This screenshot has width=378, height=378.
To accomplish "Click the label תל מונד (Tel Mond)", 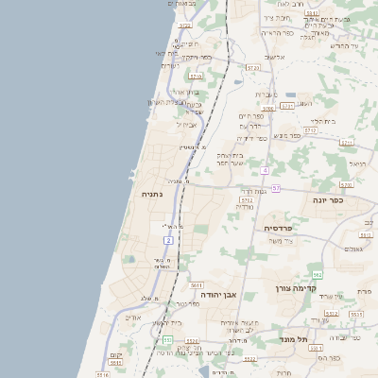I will [x=295, y=339].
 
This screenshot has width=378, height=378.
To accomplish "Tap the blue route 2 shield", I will [x=168, y=241].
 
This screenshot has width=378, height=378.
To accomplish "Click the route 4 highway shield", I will [x=266, y=170].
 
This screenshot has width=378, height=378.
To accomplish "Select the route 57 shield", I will [x=276, y=188].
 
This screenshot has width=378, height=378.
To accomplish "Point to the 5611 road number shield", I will [x=197, y=284].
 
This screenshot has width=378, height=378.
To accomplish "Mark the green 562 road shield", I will [x=318, y=275].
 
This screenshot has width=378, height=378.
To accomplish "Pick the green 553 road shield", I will [x=166, y=338].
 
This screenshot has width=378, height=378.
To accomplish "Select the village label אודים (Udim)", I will [x=133, y=318].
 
